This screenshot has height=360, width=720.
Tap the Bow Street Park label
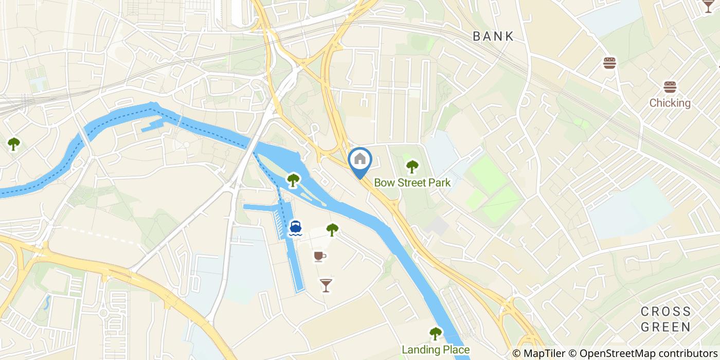point(412,183)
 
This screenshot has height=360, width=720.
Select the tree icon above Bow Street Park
point(412,167)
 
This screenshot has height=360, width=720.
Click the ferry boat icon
point(295,228)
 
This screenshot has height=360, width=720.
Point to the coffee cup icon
point(319,256)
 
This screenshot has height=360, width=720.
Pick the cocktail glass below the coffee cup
point(326,285)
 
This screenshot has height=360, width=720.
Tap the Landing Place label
point(436,350)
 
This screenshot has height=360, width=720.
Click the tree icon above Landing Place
point(436,334)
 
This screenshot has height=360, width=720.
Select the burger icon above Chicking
point(670,87)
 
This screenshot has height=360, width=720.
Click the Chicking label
point(670,103)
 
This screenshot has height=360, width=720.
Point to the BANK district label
point(493,36)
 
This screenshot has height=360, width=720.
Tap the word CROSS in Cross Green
point(666,312)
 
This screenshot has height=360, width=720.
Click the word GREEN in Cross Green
point(666,327)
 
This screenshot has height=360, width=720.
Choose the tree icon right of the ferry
point(332,229)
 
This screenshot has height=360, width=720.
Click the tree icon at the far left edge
point(13,145)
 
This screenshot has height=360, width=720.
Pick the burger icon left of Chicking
point(610,63)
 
